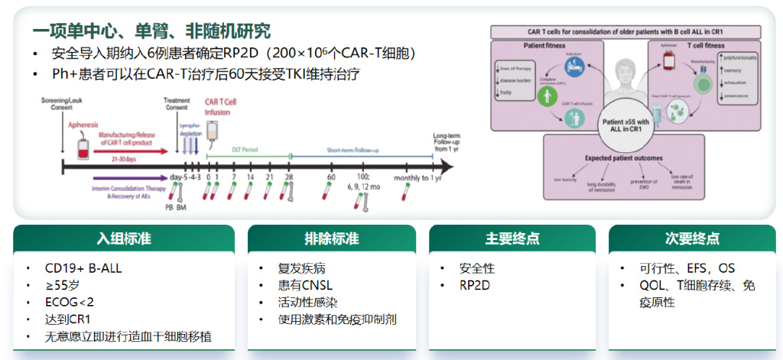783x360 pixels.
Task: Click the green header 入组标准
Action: coord(123,238)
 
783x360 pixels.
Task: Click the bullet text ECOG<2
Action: coord(70,303)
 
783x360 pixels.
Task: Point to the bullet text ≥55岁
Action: coord(63,286)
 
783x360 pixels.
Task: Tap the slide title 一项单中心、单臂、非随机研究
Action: coord(151,31)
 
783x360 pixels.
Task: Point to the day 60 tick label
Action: coord(331,178)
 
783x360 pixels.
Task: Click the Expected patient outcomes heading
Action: coord(623,158)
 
